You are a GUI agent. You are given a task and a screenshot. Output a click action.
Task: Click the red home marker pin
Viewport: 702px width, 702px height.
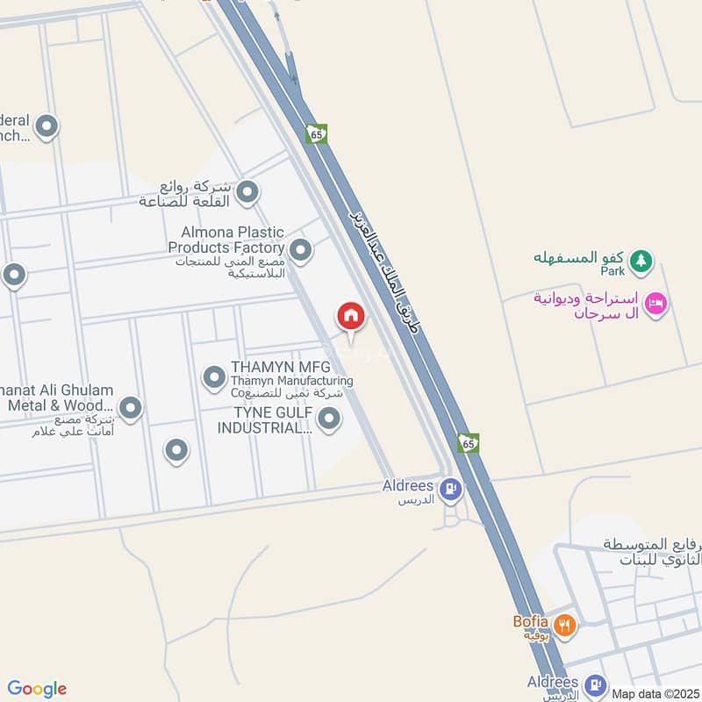coord(350,316)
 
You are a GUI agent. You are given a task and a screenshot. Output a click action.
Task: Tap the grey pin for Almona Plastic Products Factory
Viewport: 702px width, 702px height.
coord(301,251)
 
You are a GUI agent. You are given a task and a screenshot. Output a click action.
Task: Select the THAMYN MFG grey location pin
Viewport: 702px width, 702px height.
coord(214,378)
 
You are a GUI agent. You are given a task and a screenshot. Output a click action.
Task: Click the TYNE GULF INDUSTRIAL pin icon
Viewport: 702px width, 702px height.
coord(328,420)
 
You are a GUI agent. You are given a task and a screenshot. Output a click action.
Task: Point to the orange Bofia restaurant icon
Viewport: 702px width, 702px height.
coord(566,624)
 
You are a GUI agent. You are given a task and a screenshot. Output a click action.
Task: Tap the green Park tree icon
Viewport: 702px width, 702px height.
coord(642,260)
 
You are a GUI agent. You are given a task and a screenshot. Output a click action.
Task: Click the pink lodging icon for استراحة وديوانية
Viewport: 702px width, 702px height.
coord(655,304)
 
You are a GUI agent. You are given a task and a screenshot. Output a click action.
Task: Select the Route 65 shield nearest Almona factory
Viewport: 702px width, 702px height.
coord(316,133)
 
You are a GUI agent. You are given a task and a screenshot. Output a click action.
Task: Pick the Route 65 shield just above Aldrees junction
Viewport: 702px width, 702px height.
coord(469,443)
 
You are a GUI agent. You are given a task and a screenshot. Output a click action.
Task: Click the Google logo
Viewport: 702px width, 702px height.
coord(37,689)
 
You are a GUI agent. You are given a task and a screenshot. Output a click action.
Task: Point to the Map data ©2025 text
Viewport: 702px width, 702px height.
coord(655,693)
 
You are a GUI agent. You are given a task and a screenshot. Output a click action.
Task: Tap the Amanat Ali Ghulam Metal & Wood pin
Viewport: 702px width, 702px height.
coord(130,407)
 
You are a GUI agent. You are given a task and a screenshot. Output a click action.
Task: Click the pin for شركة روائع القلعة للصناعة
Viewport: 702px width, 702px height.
coord(247,190)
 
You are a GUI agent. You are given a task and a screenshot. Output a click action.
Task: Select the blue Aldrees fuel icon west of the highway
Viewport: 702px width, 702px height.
coord(450,488)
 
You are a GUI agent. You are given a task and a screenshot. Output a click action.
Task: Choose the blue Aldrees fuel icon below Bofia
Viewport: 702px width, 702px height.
coord(597,684)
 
